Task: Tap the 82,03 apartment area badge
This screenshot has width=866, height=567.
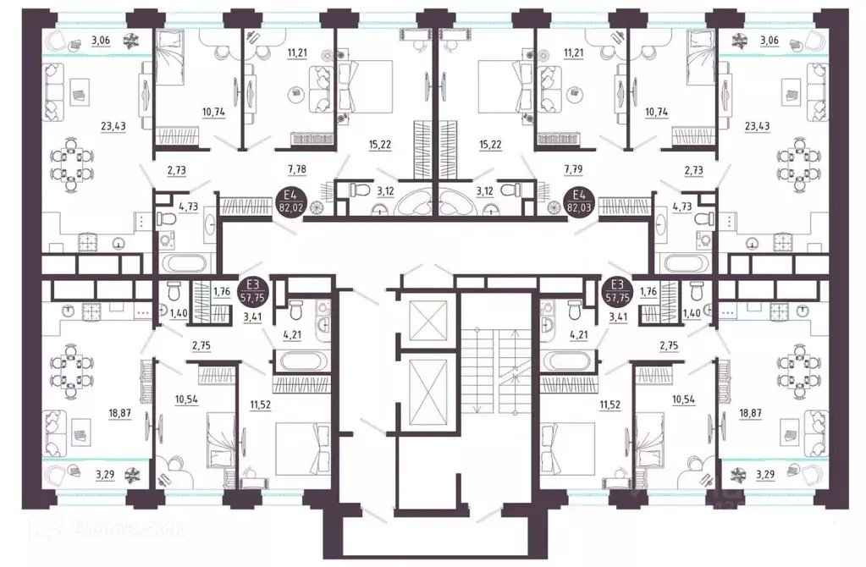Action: coord(580,203)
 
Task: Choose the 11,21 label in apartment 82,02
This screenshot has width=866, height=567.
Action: coord(273,52)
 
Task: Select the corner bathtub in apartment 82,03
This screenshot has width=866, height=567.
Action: coord(460,203)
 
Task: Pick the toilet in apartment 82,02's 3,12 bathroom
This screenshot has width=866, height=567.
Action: coord(356,192)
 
